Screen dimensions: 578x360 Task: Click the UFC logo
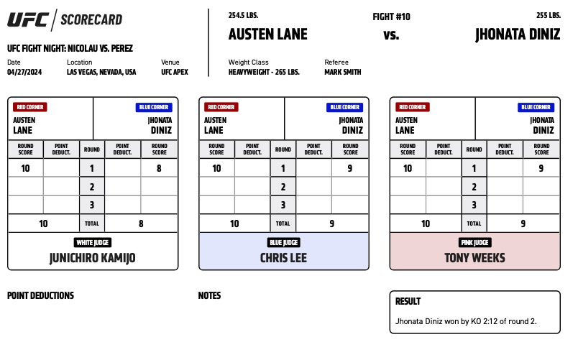pyautogui.click(x=28, y=20)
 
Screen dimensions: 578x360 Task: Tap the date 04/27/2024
pyautogui.click(x=24, y=72)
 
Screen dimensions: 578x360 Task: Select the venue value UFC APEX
pyautogui.click(x=175, y=72)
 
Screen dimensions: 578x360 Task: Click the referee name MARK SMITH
pyautogui.click(x=342, y=72)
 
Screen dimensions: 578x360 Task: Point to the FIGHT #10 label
pyautogui.click(x=391, y=17)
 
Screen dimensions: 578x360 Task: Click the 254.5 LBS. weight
pyautogui.click(x=243, y=15)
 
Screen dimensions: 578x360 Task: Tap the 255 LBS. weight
pyautogui.click(x=549, y=15)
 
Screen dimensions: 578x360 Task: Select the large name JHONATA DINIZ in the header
pyautogui.click(x=518, y=34)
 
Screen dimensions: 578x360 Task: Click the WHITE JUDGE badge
pyautogui.click(x=93, y=242)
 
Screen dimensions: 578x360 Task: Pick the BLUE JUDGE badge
pyautogui.click(x=283, y=242)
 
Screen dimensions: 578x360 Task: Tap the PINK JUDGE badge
pyautogui.click(x=474, y=242)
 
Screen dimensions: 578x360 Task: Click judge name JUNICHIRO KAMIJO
pyautogui.click(x=93, y=258)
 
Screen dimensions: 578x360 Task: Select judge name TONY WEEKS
pyautogui.click(x=474, y=258)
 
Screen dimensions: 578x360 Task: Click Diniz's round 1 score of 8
pyautogui.click(x=159, y=168)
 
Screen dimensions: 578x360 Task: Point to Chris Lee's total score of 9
pyautogui.click(x=331, y=223)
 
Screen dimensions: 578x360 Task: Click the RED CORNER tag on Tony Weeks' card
pyautogui.click(x=412, y=107)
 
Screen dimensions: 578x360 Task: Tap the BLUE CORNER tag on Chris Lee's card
pyautogui.click(x=344, y=107)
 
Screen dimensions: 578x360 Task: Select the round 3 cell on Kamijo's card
pyautogui.click(x=92, y=205)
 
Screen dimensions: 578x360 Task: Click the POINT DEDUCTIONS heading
pyautogui.click(x=40, y=295)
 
